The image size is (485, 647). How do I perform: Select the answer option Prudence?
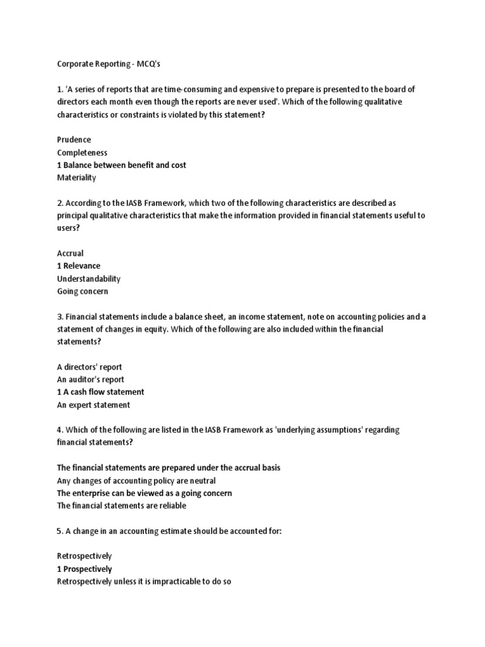[x=74, y=140]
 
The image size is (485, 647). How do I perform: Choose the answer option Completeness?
[x=82, y=152]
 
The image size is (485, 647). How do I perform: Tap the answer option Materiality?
[x=76, y=178]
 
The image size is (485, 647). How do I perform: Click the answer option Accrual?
[x=70, y=253]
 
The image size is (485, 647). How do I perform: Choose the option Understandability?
[x=88, y=279]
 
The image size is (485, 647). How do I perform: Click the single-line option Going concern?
[x=82, y=291]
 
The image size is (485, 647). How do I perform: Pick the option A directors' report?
[x=90, y=367]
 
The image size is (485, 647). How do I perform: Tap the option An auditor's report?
[x=90, y=380]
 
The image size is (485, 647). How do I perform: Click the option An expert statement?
[x=93, y=405]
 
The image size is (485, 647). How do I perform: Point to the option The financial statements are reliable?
[x=122, y=505]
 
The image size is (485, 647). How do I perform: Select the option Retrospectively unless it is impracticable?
[x=145, y=581]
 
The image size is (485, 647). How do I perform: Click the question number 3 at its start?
[x=59, y=317]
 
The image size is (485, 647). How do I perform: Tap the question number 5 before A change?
[x=59, y=531]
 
